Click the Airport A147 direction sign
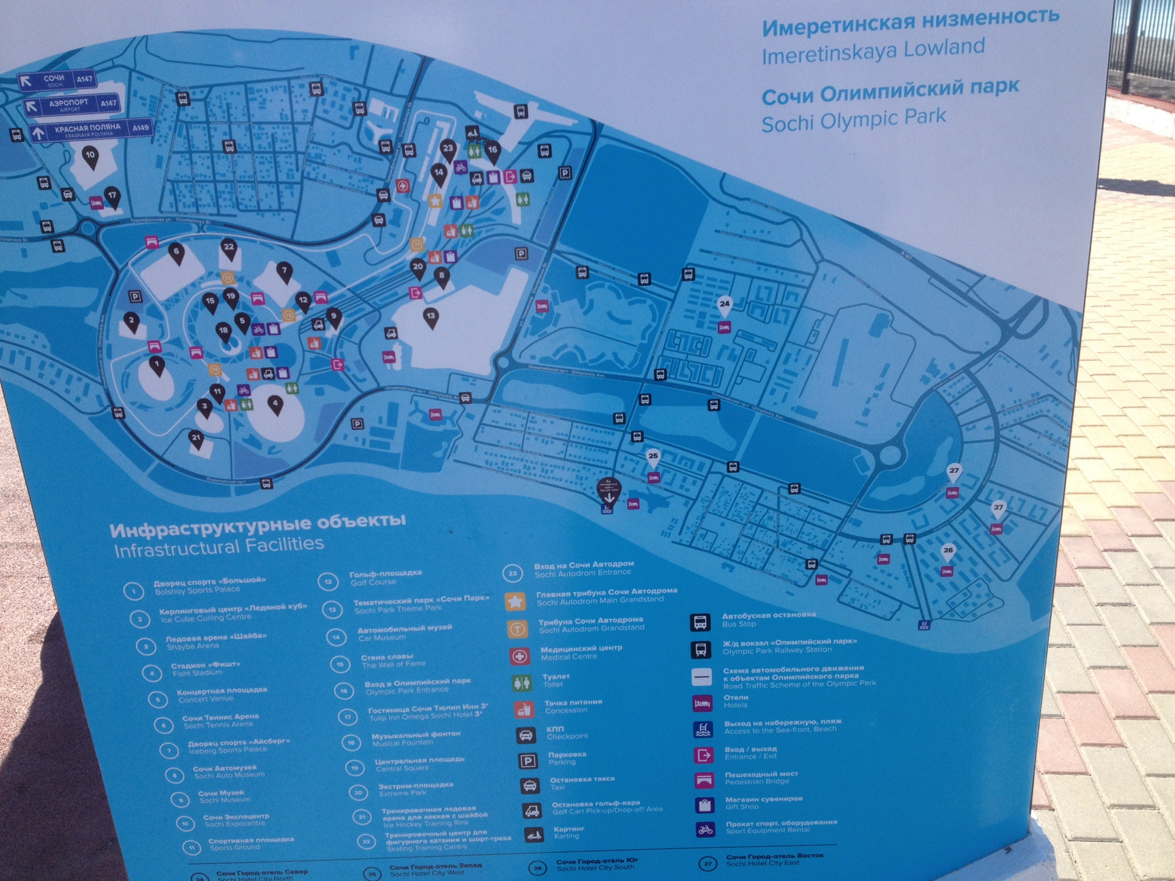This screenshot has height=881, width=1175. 71,105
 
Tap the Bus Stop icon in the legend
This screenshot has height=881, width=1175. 701,622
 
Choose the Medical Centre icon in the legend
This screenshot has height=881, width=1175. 519,656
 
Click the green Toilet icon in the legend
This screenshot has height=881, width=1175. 521,682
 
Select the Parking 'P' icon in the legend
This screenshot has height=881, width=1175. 528,760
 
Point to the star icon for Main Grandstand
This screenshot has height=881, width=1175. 515,601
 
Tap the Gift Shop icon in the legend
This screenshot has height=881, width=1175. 704,804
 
